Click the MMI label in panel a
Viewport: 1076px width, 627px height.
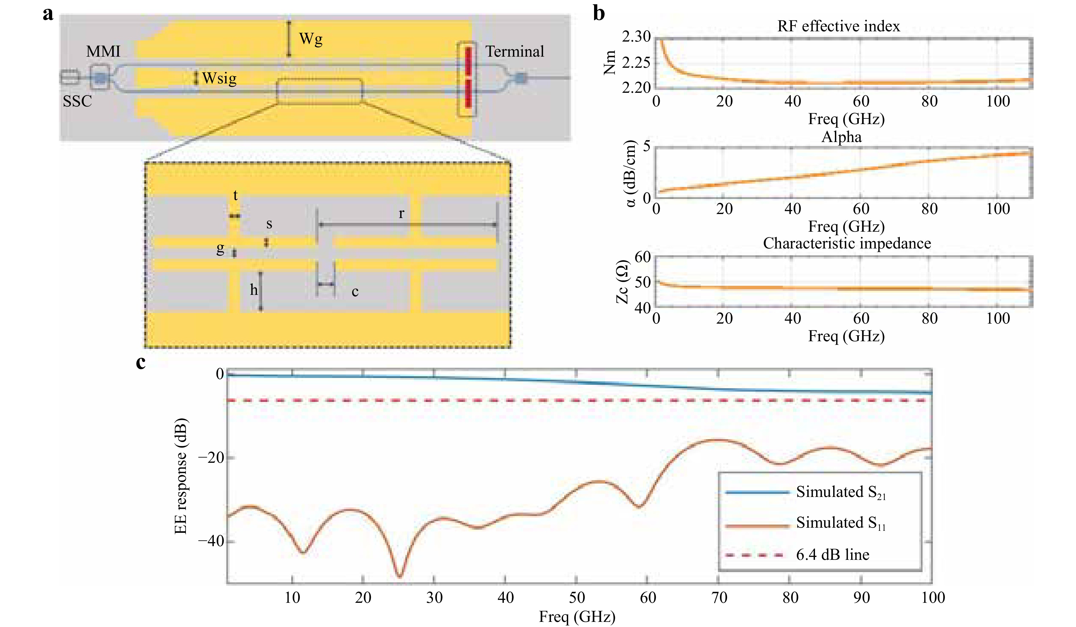click(103, 52)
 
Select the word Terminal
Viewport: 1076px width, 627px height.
click(515, 52)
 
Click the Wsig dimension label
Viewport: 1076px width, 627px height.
click(219, 79)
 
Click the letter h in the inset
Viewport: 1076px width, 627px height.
click(254, 290)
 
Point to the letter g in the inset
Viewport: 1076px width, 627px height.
click(220, 248)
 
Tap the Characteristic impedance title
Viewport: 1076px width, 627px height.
click(847, 243)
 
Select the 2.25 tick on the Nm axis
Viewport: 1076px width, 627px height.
click(636, 62)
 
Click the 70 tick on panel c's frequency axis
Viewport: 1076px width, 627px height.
click(719, 598)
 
